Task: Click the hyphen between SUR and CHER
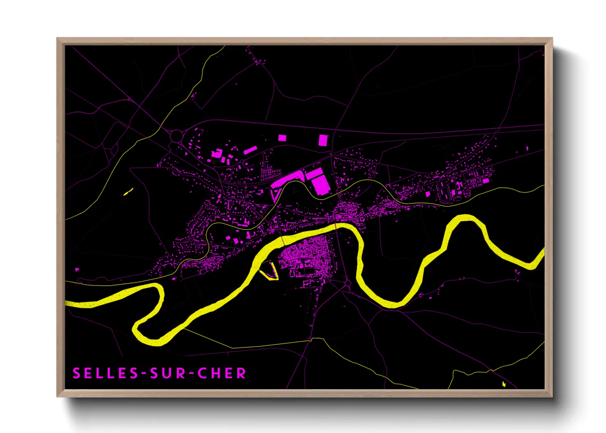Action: (190, 374)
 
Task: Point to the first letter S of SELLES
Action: (76, 373)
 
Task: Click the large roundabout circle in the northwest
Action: (176, 136)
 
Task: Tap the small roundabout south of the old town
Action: (348, 283)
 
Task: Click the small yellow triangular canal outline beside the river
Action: (269, 271)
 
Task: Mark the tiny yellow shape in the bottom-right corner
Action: (504, 384)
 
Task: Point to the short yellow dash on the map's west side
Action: (128, 191)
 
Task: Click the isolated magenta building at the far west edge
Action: (77, 270)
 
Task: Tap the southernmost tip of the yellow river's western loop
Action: (156, 342)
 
